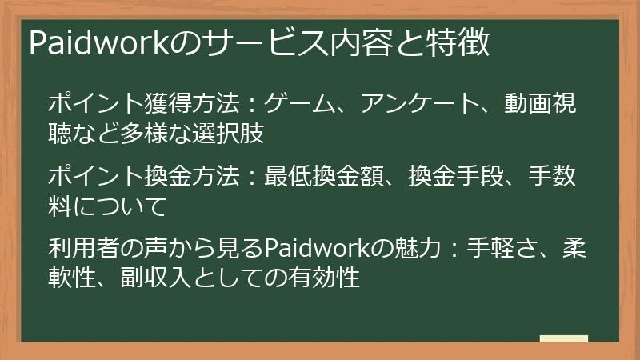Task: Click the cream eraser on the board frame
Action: point(563,339)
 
